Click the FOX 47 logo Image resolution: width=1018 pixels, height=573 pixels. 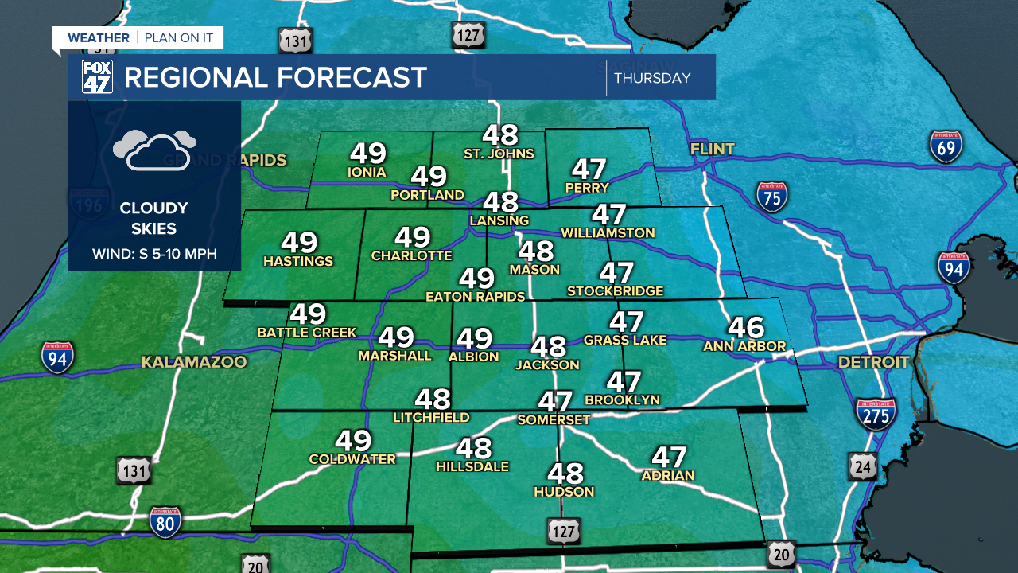tap(97, 77)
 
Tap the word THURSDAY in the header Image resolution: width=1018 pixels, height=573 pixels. tap(651, 78)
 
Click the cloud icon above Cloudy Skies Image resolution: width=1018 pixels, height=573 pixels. tap(153, 150)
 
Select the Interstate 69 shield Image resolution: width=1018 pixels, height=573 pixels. tap(946, 146)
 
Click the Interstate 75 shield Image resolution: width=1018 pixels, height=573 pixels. tap(771, 197)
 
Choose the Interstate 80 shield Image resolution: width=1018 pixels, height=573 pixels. tap(165, 522)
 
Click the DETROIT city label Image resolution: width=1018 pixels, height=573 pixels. tap(872, 362)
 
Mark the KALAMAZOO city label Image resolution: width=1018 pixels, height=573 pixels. tap(194, 362)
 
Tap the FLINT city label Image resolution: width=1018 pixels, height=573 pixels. tap(713, 149)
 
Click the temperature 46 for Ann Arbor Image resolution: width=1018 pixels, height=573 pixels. tap(745, 327)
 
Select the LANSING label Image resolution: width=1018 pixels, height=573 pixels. tap(499, 220)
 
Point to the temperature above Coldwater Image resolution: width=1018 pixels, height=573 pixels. tap(352, 440)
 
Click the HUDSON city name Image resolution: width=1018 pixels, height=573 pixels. tap(564, 492)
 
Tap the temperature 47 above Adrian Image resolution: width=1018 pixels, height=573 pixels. tap(668, 457)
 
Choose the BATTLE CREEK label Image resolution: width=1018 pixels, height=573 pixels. tap(306, 332)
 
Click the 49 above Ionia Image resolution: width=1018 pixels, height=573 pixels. tap(367, 154)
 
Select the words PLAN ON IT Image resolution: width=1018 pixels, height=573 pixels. tap(179, 37)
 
